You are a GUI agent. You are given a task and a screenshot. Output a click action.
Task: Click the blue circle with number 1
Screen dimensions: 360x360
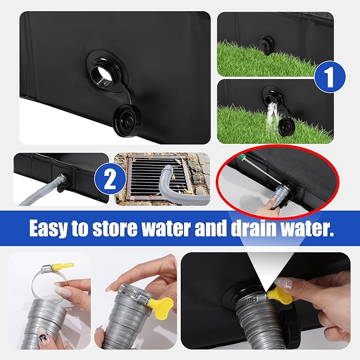pyautogui.click(x=330, y=77)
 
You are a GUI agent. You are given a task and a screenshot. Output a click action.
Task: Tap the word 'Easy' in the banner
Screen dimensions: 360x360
pyautogui.click(x=48, y=228)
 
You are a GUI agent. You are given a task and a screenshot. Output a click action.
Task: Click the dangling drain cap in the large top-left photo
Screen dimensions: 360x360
pyautogui.click(x=127, y=119)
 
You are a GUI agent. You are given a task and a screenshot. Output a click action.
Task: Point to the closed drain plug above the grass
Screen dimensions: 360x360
pyautogui.click(x=266, y=44)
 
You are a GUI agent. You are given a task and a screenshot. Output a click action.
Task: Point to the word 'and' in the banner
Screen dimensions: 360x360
pyautogui.click(x=209, y=228)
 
